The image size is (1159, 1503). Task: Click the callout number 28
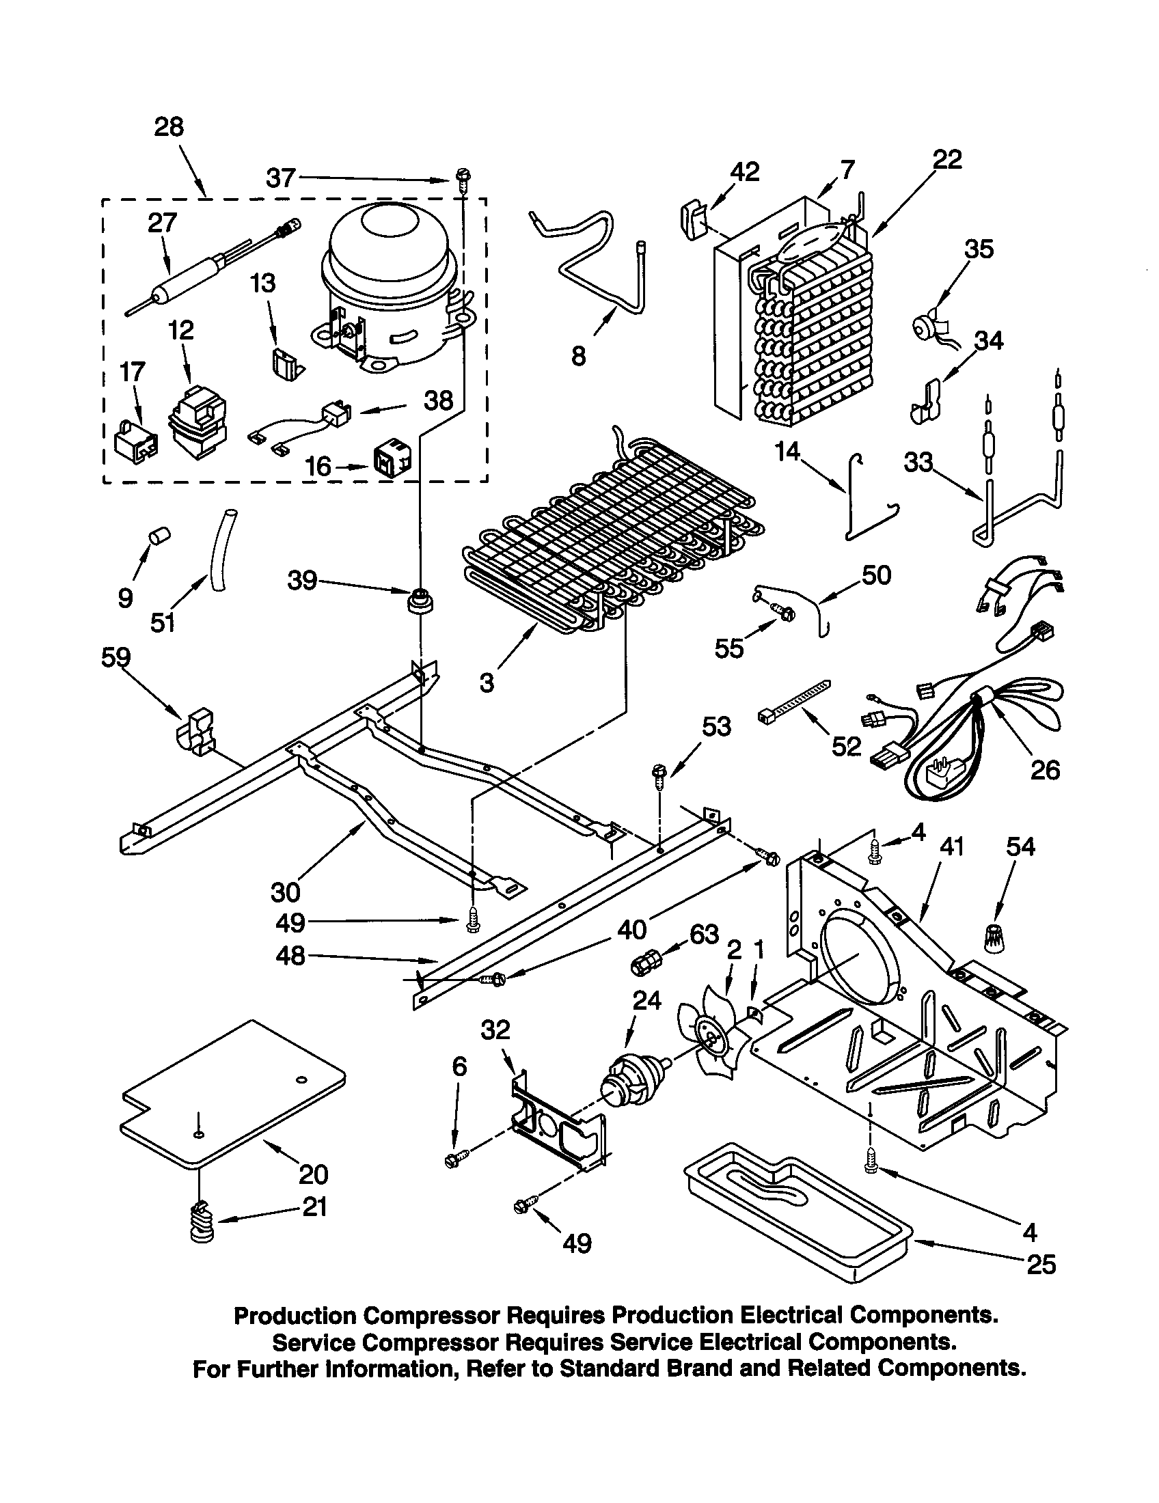click(169, 127)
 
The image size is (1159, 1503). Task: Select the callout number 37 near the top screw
click(281, 179)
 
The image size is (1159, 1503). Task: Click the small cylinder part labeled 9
click(161, 535)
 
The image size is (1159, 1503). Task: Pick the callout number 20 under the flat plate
click(313, 1174)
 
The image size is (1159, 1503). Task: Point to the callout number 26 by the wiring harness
click(1044, 770)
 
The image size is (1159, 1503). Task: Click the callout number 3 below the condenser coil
click(487, 682)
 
